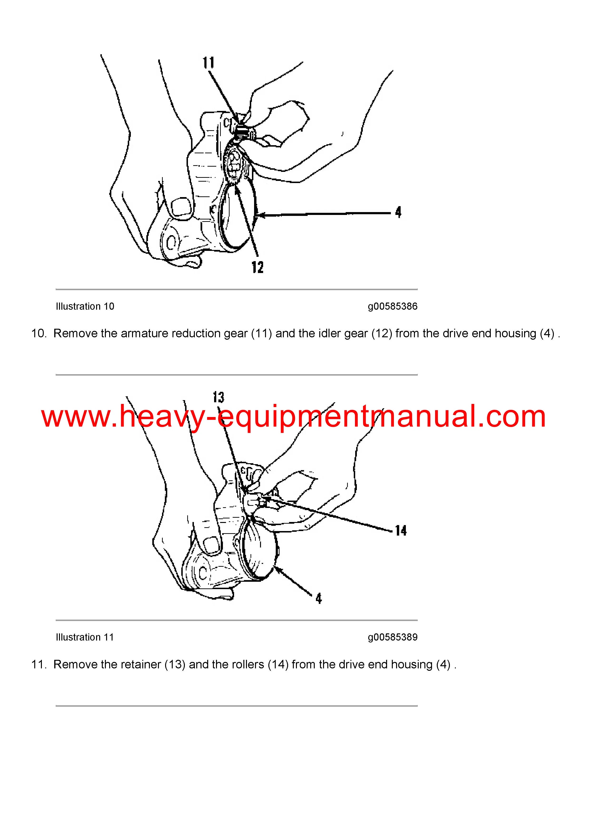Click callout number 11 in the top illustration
coord(209,63)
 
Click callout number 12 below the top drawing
coord(257,267)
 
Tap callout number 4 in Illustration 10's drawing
coord(398,212)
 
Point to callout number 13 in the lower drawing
coord(218,397)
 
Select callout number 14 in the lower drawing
coord(401,531)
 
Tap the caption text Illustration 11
coord(85,637)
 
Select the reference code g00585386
coord(393,307)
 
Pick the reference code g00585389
coord(393,637)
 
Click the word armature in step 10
coord(144,333)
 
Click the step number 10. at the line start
coord(39,333)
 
